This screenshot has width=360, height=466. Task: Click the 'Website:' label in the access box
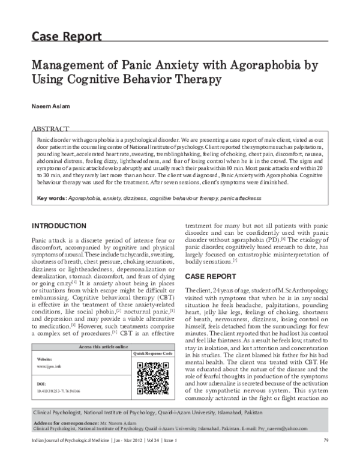pyautogui.click(x=46, y=358)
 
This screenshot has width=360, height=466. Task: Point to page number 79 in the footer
pyautogui.click(x=325, y=459)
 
